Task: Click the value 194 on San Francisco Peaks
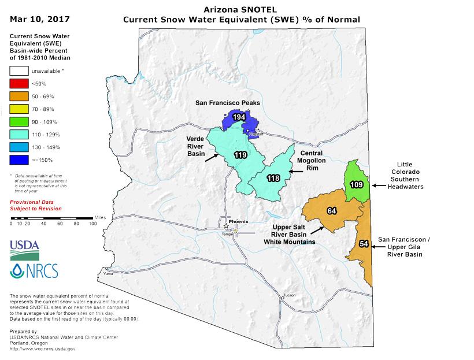[x=236, y=117]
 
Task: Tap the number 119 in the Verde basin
[x=241, y=155]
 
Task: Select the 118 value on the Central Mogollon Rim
[x=273, y=179]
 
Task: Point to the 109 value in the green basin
[x=357, y=185]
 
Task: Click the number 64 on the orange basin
[x=331, y=211]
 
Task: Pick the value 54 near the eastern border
[x=364, y=243]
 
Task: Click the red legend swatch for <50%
[x=20, y=83]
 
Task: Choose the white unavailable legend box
[x=20, y=71]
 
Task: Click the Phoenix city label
[x=238, y=222]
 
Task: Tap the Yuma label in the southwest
[x=106, y=269]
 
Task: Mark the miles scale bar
[x=52, y=218]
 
